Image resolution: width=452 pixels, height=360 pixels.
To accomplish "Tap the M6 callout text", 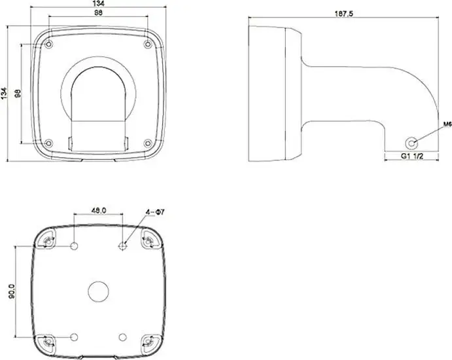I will (x=429, y=123).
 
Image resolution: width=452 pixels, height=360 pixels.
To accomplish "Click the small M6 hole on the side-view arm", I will (x=411, y=141).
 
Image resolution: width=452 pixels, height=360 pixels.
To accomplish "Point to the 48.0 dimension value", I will (x=99, y=211).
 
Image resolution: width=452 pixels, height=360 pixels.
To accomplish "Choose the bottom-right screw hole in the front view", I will (x=147, y=143).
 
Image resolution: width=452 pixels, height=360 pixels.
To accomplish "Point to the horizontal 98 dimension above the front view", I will (x=99, y=14).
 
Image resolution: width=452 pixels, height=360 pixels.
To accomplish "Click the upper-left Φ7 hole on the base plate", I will (x=75, y=246).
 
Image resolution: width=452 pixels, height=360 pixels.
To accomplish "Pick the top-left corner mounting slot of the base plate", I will (x=48, y=242).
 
